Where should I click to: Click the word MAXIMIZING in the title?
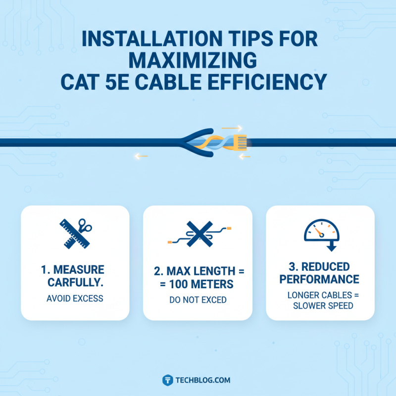[198, 60]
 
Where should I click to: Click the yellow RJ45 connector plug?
[239, 142]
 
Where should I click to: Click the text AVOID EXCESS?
[75, 299]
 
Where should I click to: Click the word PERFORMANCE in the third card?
[319, 279]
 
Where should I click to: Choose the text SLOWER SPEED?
[320, 305]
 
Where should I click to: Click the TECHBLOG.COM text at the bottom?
[202, 380]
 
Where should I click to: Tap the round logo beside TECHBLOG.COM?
[167, 380]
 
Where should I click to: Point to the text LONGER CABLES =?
[320, 295]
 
